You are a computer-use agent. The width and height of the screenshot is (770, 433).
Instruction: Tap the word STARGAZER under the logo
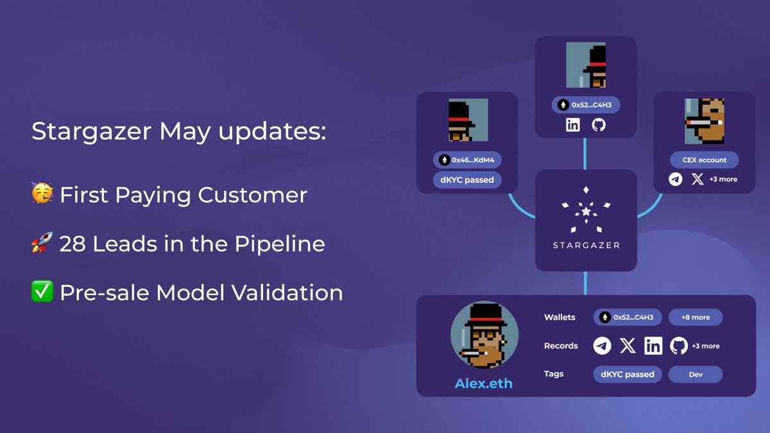pos(586,245)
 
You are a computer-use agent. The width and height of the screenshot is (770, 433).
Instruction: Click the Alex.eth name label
pos(483,384)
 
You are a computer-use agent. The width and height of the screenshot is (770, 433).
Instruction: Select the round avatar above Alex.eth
pos(483,335)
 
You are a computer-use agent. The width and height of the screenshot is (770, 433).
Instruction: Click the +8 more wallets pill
pos(696,317)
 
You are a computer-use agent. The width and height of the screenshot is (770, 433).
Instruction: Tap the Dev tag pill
pos(696,374)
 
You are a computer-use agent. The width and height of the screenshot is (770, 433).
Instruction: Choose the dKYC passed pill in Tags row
pos(627,374)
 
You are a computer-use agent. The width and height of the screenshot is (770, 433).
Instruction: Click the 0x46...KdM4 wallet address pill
pos(466,160)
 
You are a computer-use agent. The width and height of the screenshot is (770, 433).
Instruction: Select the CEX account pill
pos(704,160)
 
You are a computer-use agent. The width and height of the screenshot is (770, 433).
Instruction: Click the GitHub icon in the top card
pos(598,124)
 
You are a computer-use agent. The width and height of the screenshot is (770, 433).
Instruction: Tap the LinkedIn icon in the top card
pos(572,124)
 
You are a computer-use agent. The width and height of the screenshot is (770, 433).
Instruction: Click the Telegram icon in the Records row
pos(602,346)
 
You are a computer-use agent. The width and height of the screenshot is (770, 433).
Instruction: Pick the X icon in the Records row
pos(628,346)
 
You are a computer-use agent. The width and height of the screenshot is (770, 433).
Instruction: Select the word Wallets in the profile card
pos(560,317)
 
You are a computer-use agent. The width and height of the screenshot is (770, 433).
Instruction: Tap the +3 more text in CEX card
pos(723,180)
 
